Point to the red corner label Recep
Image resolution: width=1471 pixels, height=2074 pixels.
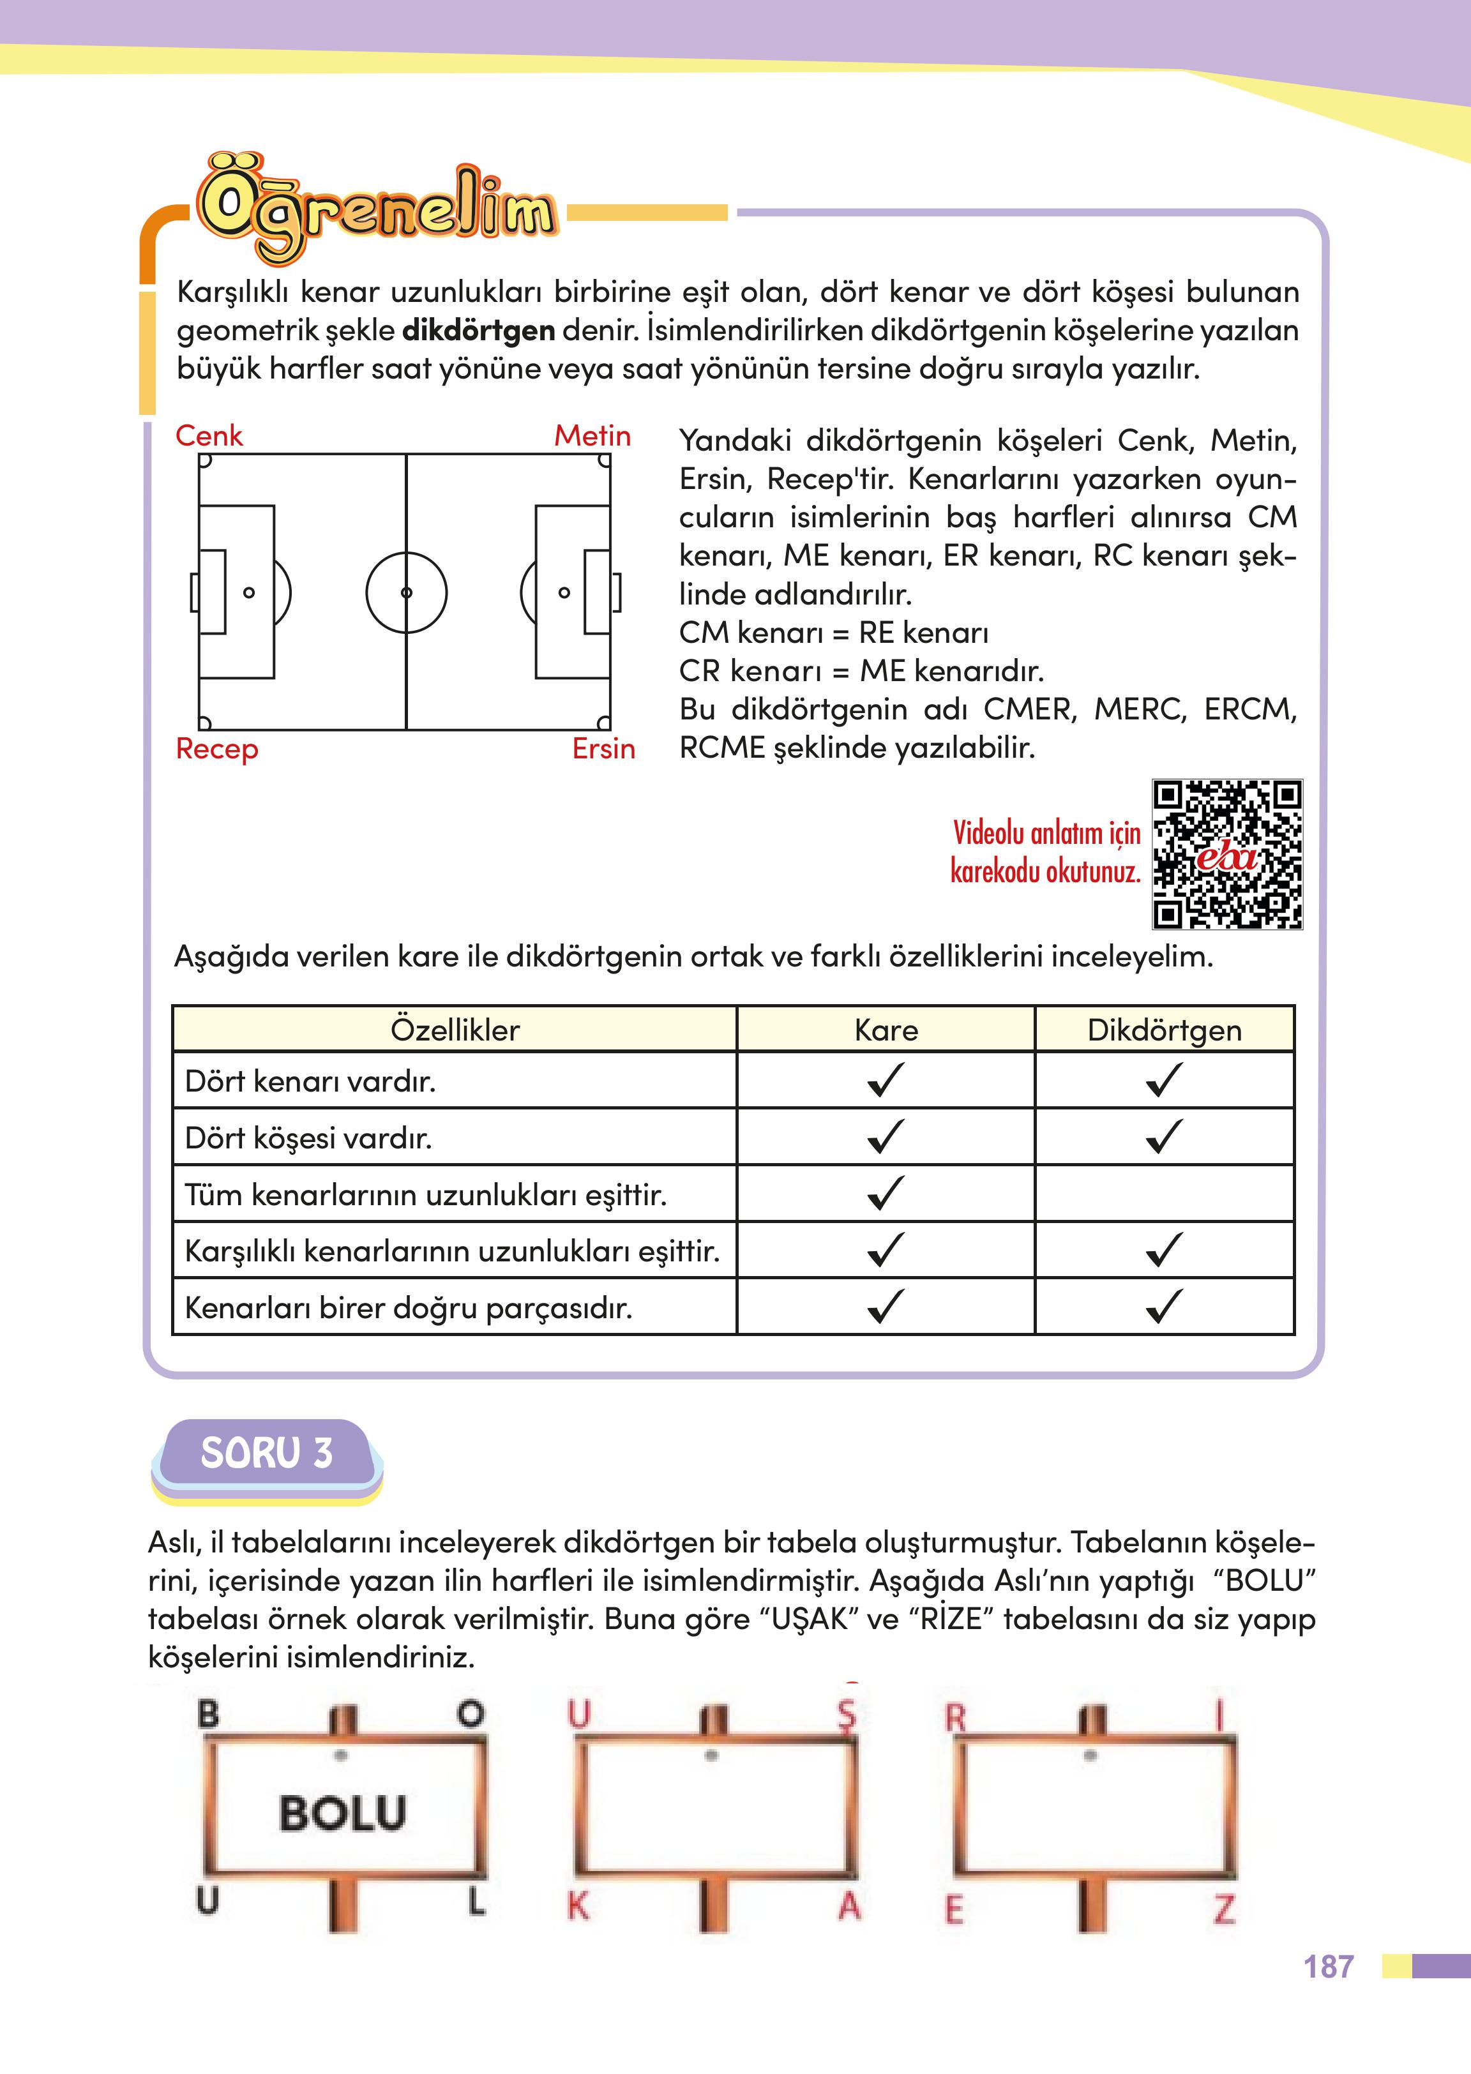pos(216,749)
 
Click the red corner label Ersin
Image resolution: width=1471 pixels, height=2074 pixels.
pos(603,749)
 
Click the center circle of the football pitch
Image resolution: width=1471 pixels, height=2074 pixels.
pos(406,592)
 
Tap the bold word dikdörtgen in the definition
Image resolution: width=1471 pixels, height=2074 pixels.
pos(478,331)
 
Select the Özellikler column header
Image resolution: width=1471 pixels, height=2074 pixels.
pos(455,1030)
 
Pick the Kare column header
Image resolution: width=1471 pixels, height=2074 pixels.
pos(886,1030)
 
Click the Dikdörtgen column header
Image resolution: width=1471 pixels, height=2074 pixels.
pos(1164,1030)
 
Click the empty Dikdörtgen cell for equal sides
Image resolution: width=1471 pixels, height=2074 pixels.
pos(1164,1194)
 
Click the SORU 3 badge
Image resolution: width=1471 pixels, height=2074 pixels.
pos(266,1453)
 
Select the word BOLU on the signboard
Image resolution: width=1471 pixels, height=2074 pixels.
pos(342,1813)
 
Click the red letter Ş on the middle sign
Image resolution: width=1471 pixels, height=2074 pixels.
pos(846,1713)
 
